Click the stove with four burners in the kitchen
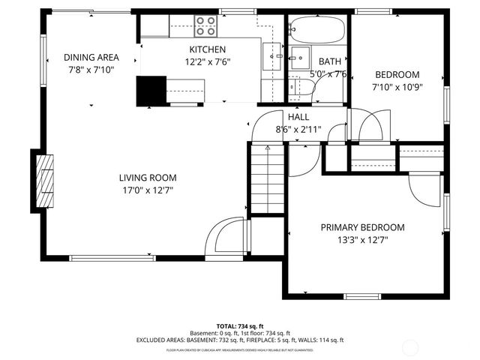[206, 26]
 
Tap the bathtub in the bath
[317, 31]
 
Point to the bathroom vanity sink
[301, 57]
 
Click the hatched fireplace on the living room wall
[46, 182]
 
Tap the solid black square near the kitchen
[150, 90]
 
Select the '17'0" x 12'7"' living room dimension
[147, 190]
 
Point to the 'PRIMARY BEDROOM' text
[362, 227]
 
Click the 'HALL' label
[298, 116]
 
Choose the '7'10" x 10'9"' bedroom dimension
[397, 88]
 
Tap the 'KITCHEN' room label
[207, 49]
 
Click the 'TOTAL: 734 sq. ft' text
[239, 326]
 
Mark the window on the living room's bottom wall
[112, 258]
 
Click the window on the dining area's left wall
[43, 56]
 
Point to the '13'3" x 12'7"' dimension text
[362, 240]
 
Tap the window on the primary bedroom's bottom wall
[362, 296]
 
